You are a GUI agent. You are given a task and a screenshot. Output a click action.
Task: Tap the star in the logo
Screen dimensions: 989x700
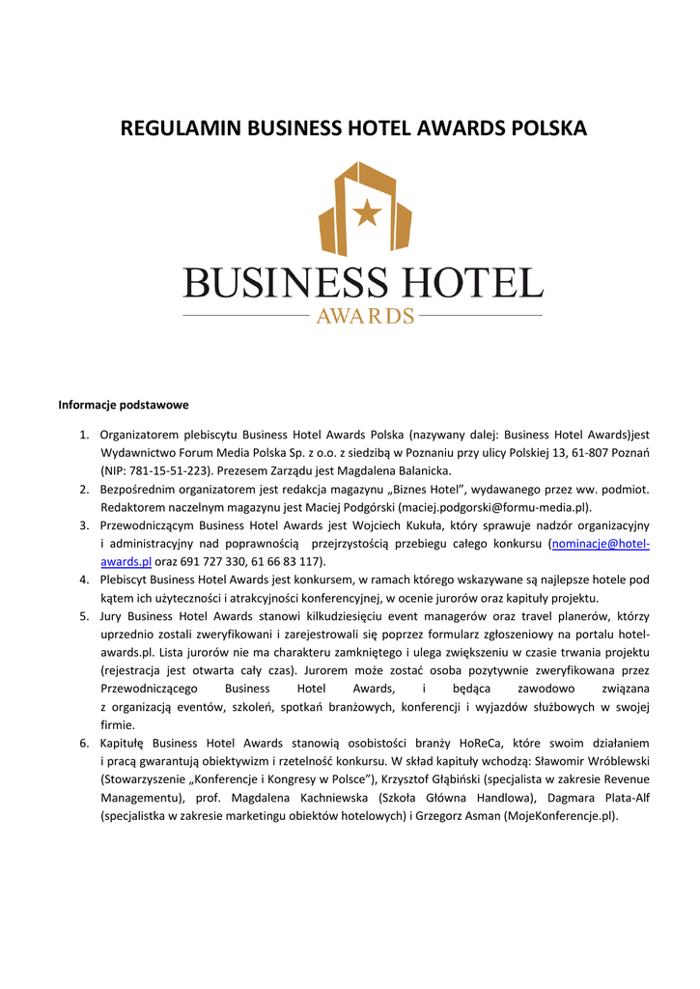click(366, 212)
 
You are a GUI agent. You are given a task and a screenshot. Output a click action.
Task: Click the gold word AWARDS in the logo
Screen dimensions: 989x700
click(365, 316)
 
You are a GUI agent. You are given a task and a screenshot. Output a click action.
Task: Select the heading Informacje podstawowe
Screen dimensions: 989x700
click(123, 405)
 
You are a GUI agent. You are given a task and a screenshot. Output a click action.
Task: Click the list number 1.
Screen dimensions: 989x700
click(84, 435)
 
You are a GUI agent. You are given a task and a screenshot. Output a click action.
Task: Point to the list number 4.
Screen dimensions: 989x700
click(84, 579)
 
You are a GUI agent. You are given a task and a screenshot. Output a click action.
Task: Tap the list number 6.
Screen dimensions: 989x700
click(84, 743)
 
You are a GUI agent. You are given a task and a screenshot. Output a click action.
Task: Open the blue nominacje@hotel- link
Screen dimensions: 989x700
click(600, 544)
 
